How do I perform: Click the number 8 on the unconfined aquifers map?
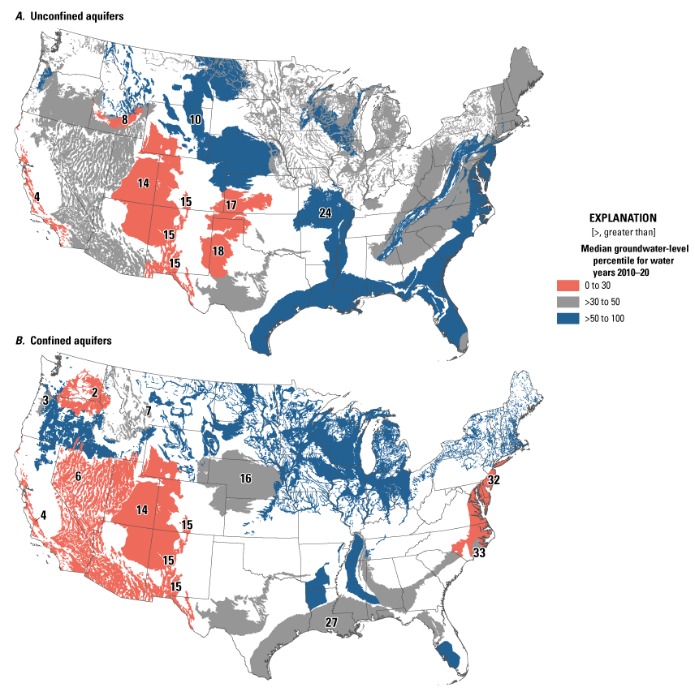coord(124,121)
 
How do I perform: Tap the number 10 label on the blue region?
coord(196,120)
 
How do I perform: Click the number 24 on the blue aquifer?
coord(326,213)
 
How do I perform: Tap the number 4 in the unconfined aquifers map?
coord(37,195)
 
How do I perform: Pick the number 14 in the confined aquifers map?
coord(143,510)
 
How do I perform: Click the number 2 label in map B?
coord(95,393)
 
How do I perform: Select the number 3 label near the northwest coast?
coord(46,400)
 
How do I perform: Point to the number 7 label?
coord(149,411)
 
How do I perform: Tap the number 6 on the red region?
coord(78,476)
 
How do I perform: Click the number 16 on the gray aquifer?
coord(244,479)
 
